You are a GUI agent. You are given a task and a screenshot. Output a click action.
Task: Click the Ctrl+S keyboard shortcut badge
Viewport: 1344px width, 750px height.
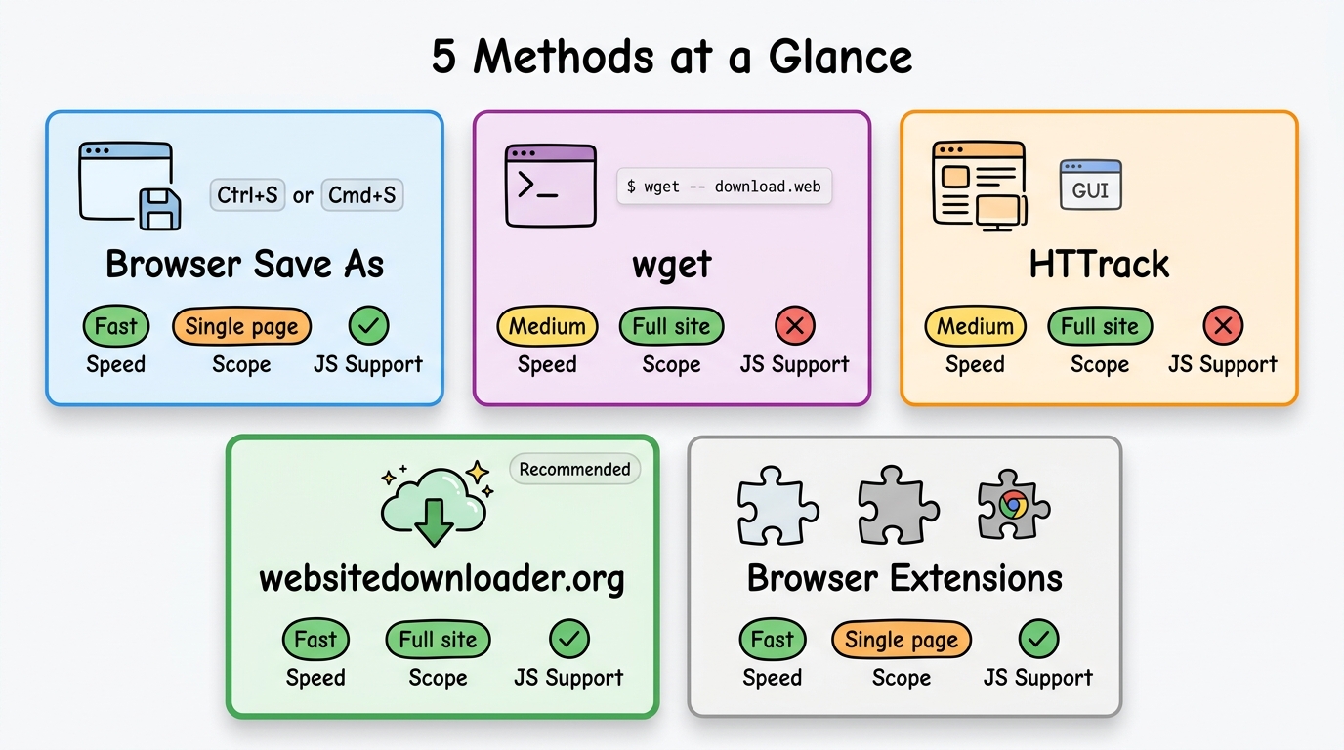coord(248,194)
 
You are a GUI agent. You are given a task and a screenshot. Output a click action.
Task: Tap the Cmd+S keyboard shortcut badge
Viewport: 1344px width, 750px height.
coord(361,194)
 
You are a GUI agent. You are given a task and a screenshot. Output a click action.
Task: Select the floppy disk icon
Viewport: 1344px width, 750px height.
coord(158,209)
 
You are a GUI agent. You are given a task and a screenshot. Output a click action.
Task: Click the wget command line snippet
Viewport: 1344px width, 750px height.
coord(724,187)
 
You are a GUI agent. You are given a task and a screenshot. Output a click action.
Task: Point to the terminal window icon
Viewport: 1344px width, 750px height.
coord(550,186)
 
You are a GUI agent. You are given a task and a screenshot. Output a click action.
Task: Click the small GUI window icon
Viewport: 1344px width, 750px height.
coord(1090,186)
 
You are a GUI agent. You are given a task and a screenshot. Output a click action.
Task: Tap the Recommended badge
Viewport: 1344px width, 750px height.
coord(574,469)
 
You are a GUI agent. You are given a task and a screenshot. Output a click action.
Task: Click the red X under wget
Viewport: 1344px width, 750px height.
coord(794,326)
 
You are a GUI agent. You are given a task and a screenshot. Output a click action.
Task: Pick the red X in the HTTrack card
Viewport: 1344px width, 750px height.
coord(1223,326)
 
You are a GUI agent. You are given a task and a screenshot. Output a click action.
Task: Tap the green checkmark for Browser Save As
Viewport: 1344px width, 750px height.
coord(368,326)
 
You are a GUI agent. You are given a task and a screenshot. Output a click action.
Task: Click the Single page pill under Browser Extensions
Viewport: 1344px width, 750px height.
coord(901,640)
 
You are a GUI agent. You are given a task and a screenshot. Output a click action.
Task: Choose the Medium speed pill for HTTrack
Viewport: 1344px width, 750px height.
coord(975,326)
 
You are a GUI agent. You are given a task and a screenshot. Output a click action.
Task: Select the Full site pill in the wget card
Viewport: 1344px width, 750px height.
coord(671,326)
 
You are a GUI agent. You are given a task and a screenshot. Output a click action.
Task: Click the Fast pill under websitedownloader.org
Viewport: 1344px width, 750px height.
coord(315,640)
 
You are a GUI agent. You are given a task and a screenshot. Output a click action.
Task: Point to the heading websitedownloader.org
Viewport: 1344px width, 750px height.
coord(441,578)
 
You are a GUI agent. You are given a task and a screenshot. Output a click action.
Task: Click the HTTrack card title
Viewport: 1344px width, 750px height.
coord(1099,264)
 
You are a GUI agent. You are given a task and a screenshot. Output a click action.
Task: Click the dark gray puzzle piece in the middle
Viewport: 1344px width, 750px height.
coord(898,504)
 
